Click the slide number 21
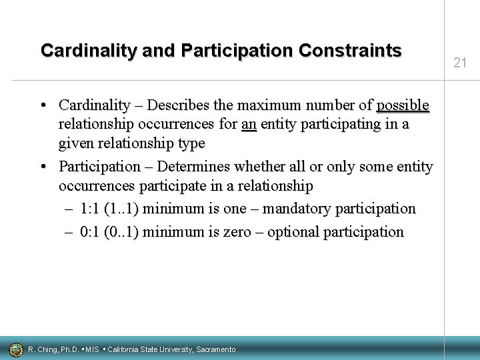click(459, 63)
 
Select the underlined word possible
click(403, 105)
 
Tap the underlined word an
click(249, 123)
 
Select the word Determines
click(205, 166)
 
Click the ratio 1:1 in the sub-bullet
click(91, 209)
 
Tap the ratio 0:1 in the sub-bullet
click(91, 232)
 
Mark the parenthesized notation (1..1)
click(123, 209)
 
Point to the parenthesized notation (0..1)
click(123, 232)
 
